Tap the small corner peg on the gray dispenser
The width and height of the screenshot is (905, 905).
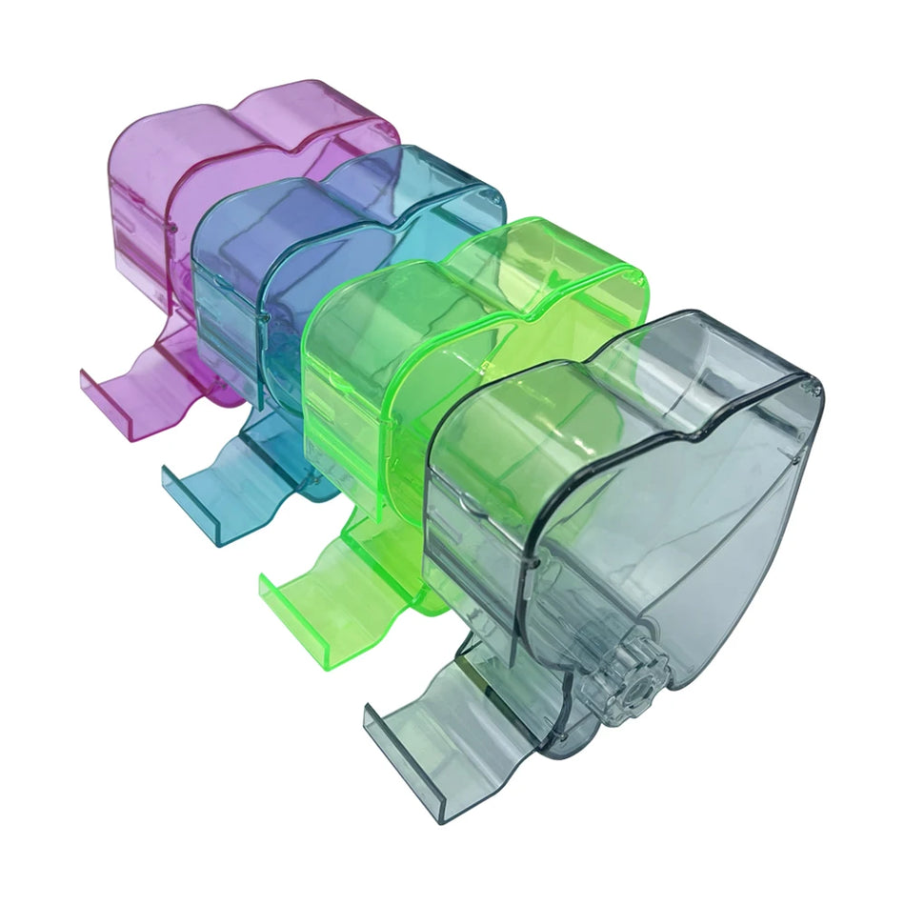pyautogui.click(x=811, y=388)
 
